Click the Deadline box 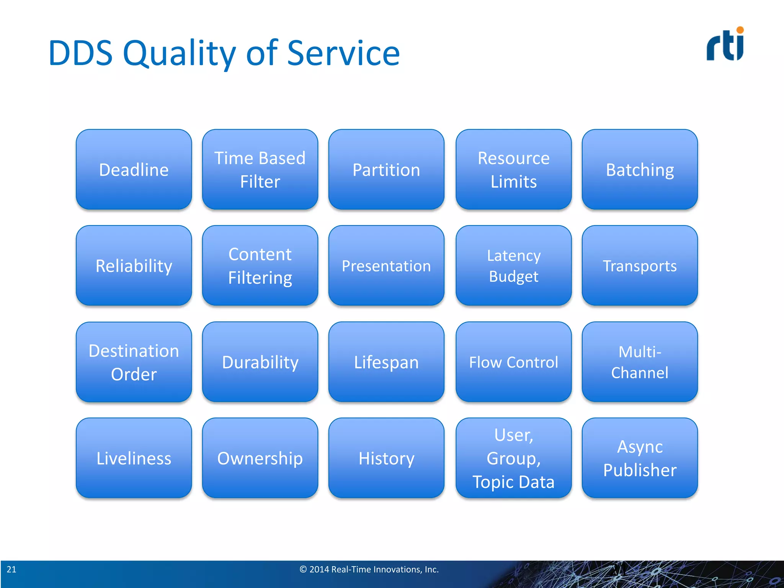[134, 170]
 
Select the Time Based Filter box [260, 170]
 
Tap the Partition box [386, 170]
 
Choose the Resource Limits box [513, 170]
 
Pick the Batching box [640, 170]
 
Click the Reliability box [134, 266]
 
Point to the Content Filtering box [260, 266]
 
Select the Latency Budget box [513, 266]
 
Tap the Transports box [640, 266]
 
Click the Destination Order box [134, 362]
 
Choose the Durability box [260, 362]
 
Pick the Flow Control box [513, 362]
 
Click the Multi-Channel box [640, 362]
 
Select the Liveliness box [134, 458]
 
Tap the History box [386, 458]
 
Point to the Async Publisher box [640, 458]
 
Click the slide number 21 [11, 570]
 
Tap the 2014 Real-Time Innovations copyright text [369, 570]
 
